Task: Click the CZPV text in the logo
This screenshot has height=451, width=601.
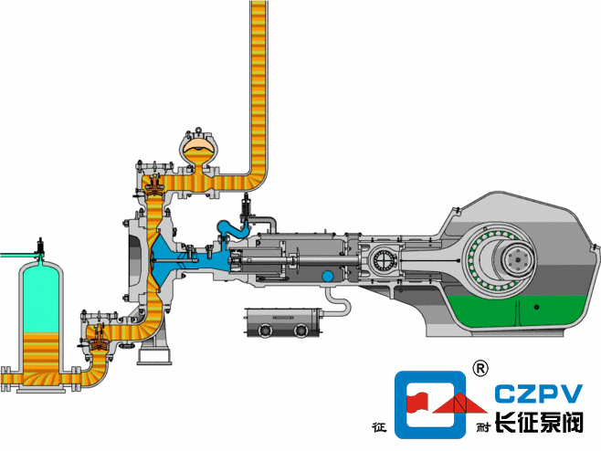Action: (539, 393)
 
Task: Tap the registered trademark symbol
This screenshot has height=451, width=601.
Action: (480, 368)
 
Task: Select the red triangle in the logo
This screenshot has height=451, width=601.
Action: (460, 404)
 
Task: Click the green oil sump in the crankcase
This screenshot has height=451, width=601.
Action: (518, 310)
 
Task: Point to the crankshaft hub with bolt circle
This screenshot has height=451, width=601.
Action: (518, 260)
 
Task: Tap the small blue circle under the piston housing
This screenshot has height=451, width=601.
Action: (328, 276)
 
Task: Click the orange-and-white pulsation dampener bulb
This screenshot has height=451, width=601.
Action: (199, 149)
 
